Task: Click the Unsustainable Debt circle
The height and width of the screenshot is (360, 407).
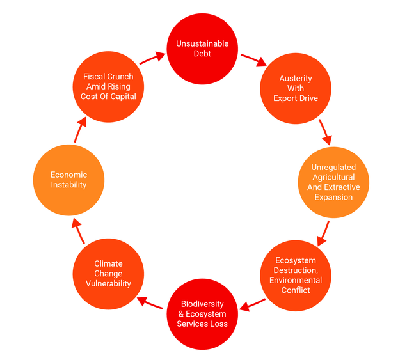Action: pyautogui.click(x=202, y=49)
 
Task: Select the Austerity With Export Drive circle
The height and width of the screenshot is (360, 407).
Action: pyautogui.click(x=295, y=88)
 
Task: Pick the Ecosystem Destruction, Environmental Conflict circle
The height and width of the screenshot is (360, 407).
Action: pyautogui.click(x=295, y=275)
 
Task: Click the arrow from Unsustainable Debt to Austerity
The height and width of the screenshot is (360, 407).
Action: pyautogui.click(x=253, y=59)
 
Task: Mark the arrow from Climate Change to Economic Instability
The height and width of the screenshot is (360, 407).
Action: pyautogui.click(x=78, y=231)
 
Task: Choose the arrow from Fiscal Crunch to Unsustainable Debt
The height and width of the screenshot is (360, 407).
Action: pyautogui.click(x=151, y=58)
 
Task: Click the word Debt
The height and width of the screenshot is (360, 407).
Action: pyautogui.click(x=202, y=54)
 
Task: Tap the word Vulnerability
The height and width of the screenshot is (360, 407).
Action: pyautogui.click(x=108, y=283)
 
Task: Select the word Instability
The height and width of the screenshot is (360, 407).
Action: pyautogui.click(x=68, y=185)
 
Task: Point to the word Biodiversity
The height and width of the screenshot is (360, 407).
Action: pyautogui.click(x=202, y=304)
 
